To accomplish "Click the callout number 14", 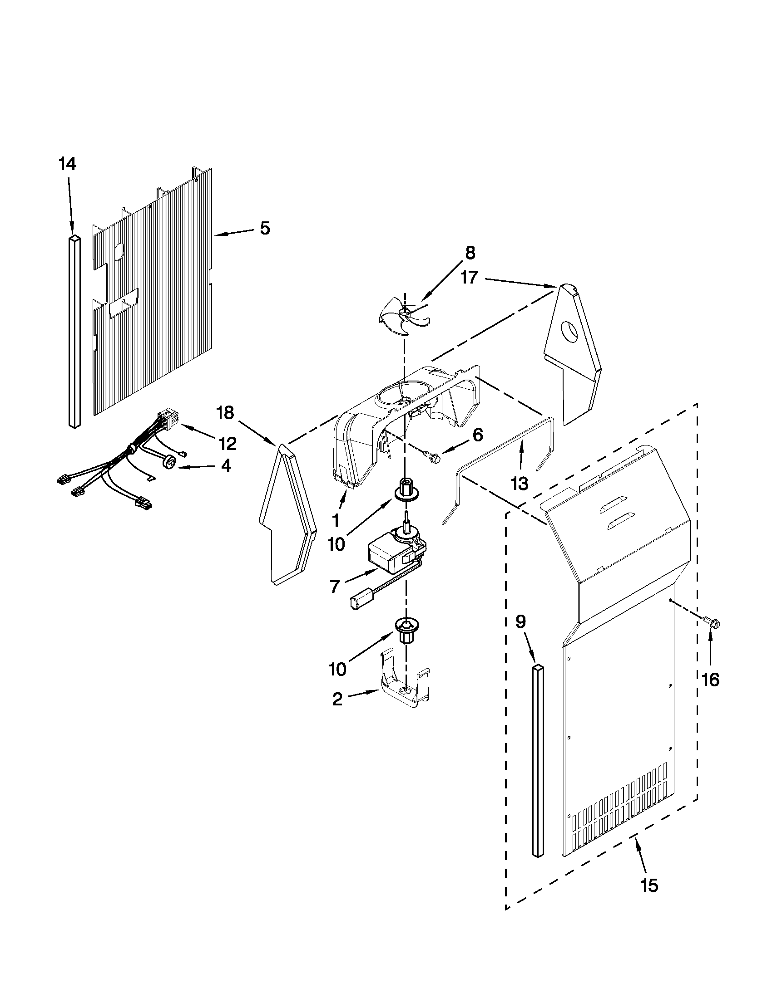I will point(67,164).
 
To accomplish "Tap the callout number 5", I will point(265,228).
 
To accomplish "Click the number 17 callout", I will point(469,277).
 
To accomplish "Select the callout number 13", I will point(520,483).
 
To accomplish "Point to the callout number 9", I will point(520,621).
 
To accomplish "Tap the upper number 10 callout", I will point(336,544).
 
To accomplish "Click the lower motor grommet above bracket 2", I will point(404,631).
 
